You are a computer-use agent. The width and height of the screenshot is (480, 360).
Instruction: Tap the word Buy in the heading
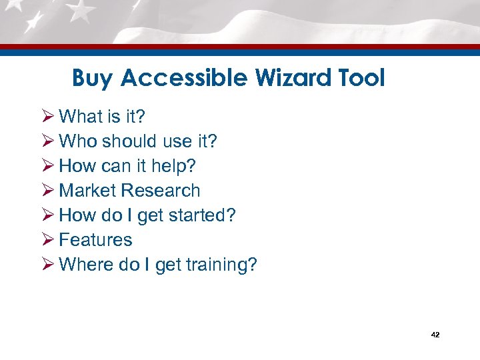pos(93,79)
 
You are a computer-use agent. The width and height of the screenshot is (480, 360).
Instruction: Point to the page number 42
pos(435,334)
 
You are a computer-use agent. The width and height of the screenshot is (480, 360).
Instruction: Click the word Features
pos(95,240)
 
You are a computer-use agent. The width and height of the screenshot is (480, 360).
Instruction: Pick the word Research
pos(160,191)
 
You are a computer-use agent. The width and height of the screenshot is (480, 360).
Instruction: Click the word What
pos(78,117)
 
